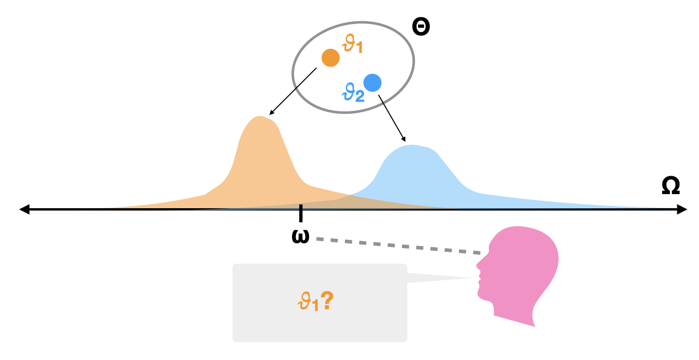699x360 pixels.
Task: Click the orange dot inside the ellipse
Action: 330,57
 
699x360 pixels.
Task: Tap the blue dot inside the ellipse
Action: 373,83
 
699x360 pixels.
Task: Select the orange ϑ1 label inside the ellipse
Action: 353,46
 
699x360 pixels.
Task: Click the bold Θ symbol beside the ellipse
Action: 421,27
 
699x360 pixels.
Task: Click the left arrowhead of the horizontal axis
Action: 24,209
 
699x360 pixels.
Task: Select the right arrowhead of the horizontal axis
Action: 682,209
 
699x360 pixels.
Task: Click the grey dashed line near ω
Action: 399,246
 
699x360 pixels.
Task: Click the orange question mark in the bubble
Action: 327,301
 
